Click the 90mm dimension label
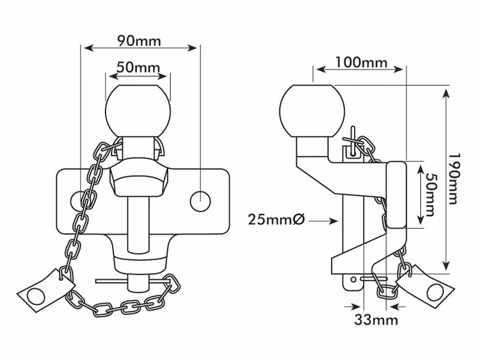tap(139, 41)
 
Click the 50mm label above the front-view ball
tap(139, 67)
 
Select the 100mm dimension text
tap(361, 62)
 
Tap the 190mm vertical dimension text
tap(454, 179)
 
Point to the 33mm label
tap(376, 320)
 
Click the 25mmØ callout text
tap(276, 220)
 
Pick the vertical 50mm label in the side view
tap(431, 196)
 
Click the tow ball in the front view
tap(138, 110)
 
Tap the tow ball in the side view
tap(312, 110)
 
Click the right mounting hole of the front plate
tap(200, 201)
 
